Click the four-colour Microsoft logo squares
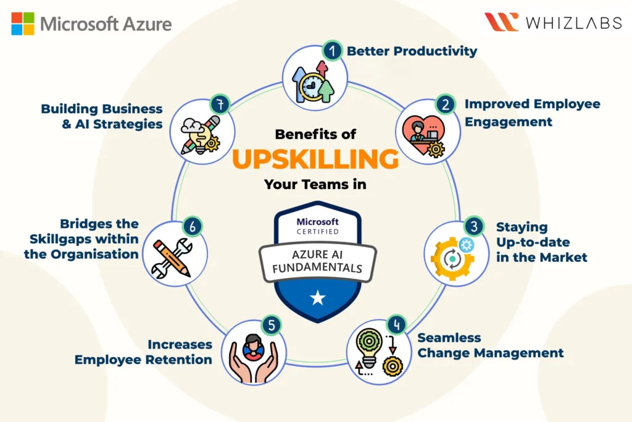click(x=23, y=23)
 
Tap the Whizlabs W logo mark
click(x=501, y=22)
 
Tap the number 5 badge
click(x=271, y=324)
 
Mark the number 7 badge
click(x=220, y=104)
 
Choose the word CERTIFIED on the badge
click(x=318, y=232)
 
